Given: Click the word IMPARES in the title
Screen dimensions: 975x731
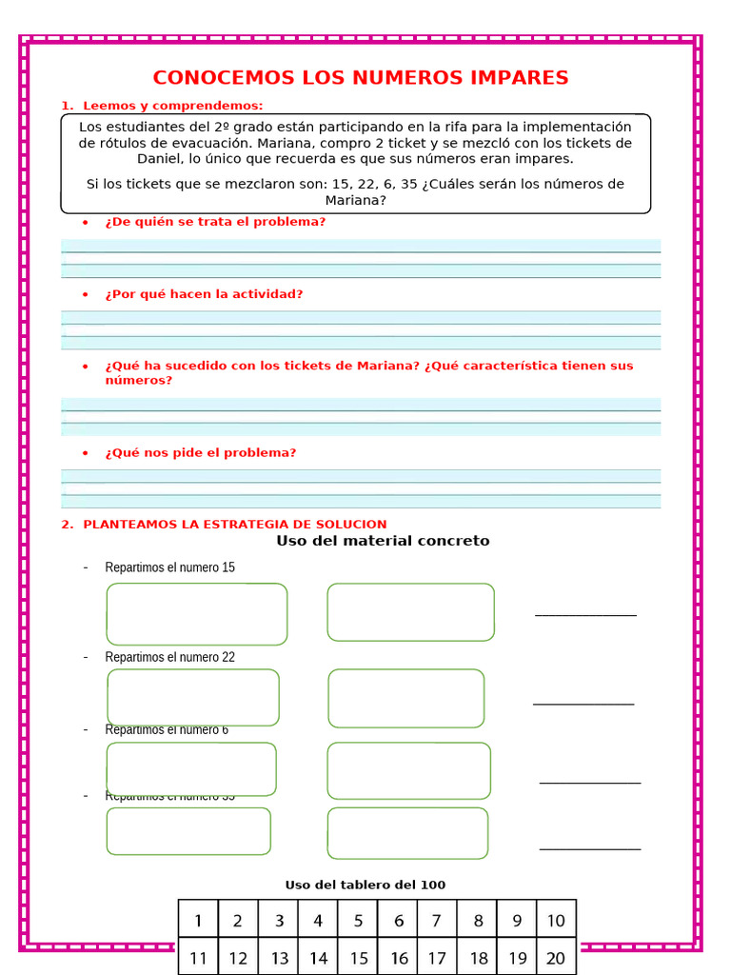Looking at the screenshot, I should [511, 77].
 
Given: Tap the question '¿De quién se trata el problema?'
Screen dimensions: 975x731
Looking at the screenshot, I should [215, 222].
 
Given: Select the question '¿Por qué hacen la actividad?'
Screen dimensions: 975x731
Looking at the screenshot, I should [204, 294].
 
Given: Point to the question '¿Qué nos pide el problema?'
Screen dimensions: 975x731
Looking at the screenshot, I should [201, 453].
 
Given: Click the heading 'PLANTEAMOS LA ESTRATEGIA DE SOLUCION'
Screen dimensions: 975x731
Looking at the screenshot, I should [234, 525].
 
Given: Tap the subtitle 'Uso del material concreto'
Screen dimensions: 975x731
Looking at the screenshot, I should [383, 541].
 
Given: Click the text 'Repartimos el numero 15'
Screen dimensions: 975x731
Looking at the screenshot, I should [169, 567].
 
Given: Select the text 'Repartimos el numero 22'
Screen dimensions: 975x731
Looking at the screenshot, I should [169, 657].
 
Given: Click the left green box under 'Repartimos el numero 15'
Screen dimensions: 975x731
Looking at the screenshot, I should [197, 613].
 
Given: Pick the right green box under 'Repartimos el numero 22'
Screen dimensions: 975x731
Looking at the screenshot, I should [406, 698].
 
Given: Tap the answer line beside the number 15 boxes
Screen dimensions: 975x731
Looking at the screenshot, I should [585, 614].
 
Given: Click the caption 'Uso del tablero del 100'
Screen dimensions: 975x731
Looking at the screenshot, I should [365, 885].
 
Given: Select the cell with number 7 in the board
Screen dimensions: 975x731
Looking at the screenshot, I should [436, 921].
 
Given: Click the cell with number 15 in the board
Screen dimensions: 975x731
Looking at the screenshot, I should [358, 958].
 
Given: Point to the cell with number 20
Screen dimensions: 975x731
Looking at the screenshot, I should [556, 958].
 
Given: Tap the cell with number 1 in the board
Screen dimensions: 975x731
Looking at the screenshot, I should [198, 921].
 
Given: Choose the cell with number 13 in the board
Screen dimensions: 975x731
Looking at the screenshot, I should [279, 958].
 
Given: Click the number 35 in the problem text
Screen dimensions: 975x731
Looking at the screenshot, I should [410, 184].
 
